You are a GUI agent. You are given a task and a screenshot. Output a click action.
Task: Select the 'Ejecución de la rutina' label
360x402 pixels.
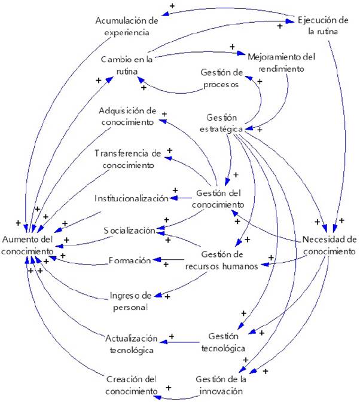[324, 26]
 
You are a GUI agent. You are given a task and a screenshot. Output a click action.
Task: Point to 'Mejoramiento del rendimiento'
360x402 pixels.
[282, 62]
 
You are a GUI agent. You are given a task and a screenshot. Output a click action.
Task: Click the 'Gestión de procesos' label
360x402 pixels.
[220, 78]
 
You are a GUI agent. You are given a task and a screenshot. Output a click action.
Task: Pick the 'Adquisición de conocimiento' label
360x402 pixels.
[127, 116]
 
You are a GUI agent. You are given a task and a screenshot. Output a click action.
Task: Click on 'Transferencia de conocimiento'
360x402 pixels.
[128, 159]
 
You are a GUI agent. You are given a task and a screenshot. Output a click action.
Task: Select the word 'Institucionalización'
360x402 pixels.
[131, 198]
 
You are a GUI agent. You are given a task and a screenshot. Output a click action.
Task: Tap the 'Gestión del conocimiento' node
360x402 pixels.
[219, 199]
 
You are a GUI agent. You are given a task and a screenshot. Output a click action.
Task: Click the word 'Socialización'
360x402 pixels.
[129, 231]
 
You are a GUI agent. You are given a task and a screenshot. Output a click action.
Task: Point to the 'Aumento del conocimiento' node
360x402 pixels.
[28, 246]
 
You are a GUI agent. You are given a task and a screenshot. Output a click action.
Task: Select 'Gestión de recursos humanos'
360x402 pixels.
[228, 260]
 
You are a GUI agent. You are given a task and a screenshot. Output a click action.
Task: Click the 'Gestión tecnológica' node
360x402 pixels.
[226, 342]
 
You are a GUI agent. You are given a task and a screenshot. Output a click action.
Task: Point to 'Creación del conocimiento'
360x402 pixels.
[131, 385]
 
